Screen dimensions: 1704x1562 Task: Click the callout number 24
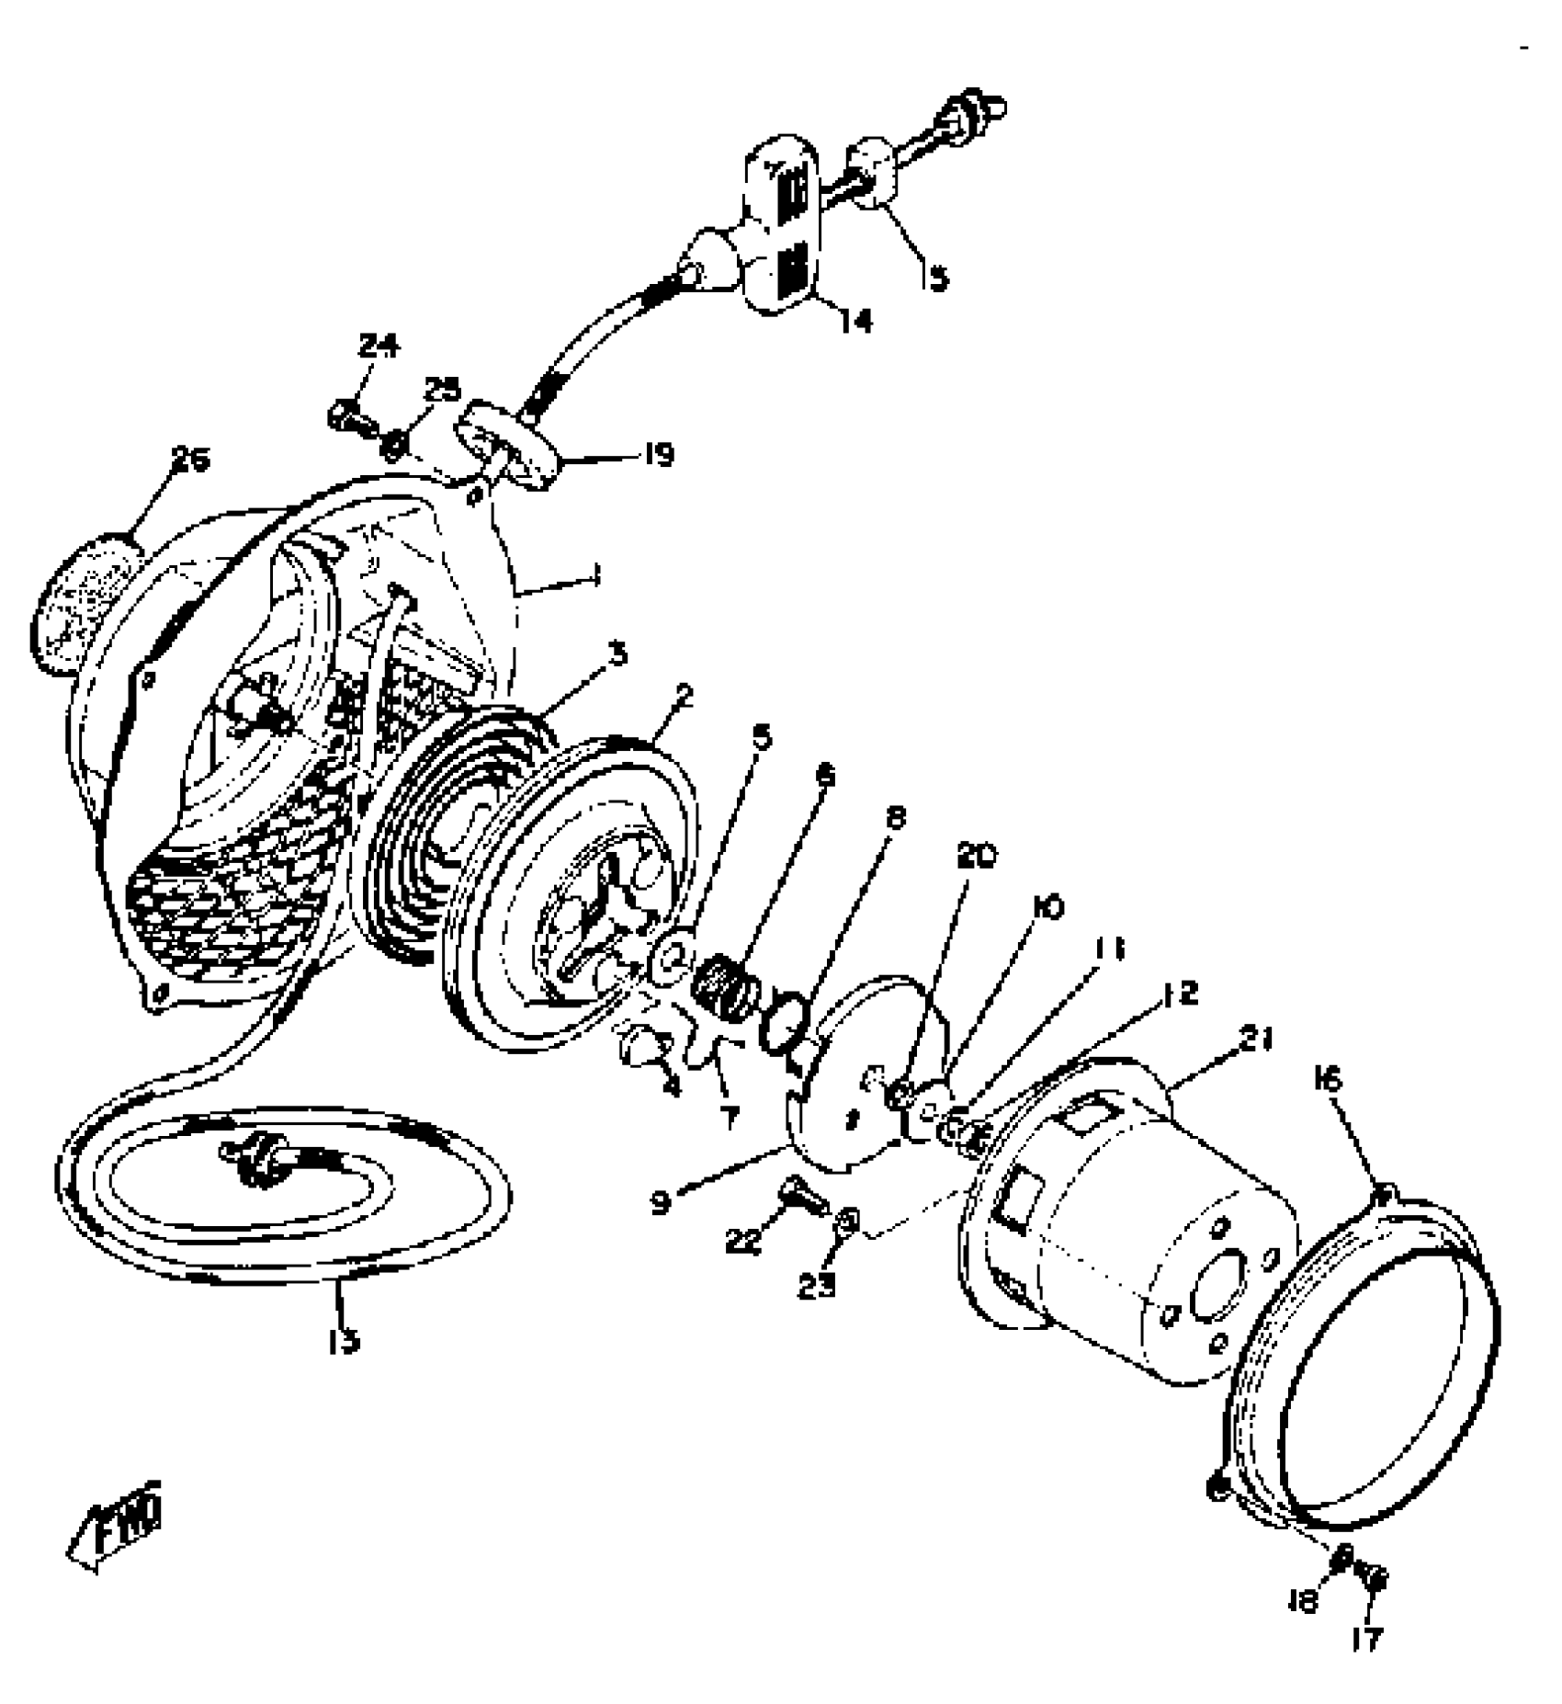pos(379,346)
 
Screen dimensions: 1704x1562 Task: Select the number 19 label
pos(658,454)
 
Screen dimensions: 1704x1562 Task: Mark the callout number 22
pos(743,1242)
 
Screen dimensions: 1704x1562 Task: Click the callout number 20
pos(976,856)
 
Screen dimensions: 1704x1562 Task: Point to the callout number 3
pos(618,654)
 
